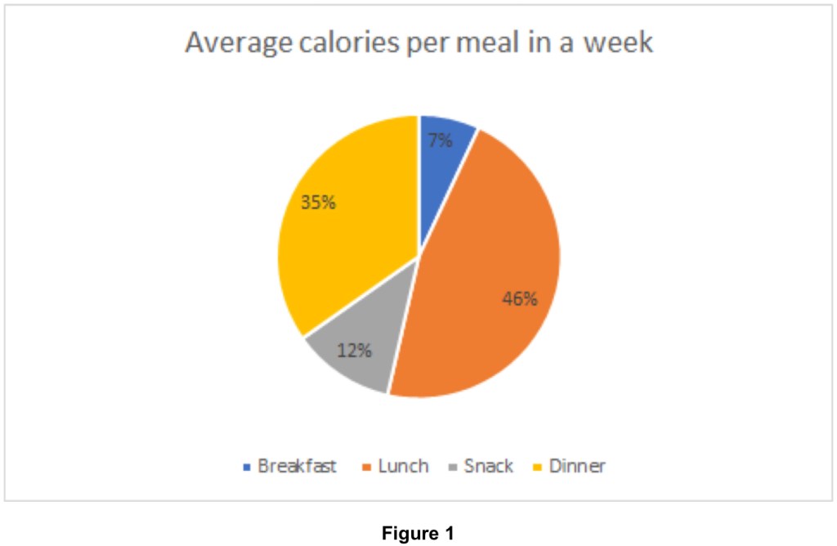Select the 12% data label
355,351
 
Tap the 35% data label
318,202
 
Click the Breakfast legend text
297,467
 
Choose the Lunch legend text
402,467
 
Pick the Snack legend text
488,467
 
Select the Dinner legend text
577,467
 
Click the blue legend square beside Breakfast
247,468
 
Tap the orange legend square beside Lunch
367,468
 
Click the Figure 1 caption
418,535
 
